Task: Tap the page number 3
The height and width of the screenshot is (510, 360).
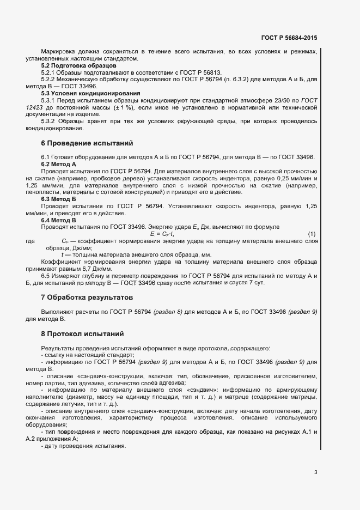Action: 315,472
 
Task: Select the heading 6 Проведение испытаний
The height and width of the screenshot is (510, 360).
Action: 87,144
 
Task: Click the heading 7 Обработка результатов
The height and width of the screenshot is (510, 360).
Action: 87,297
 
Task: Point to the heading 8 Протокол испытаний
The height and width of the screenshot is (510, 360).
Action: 82,333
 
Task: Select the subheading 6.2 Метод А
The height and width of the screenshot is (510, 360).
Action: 59,164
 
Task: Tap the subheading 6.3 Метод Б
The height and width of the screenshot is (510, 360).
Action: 59,199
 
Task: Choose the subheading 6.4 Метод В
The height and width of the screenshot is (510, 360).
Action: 59,220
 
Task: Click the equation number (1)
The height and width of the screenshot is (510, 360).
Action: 312,234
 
